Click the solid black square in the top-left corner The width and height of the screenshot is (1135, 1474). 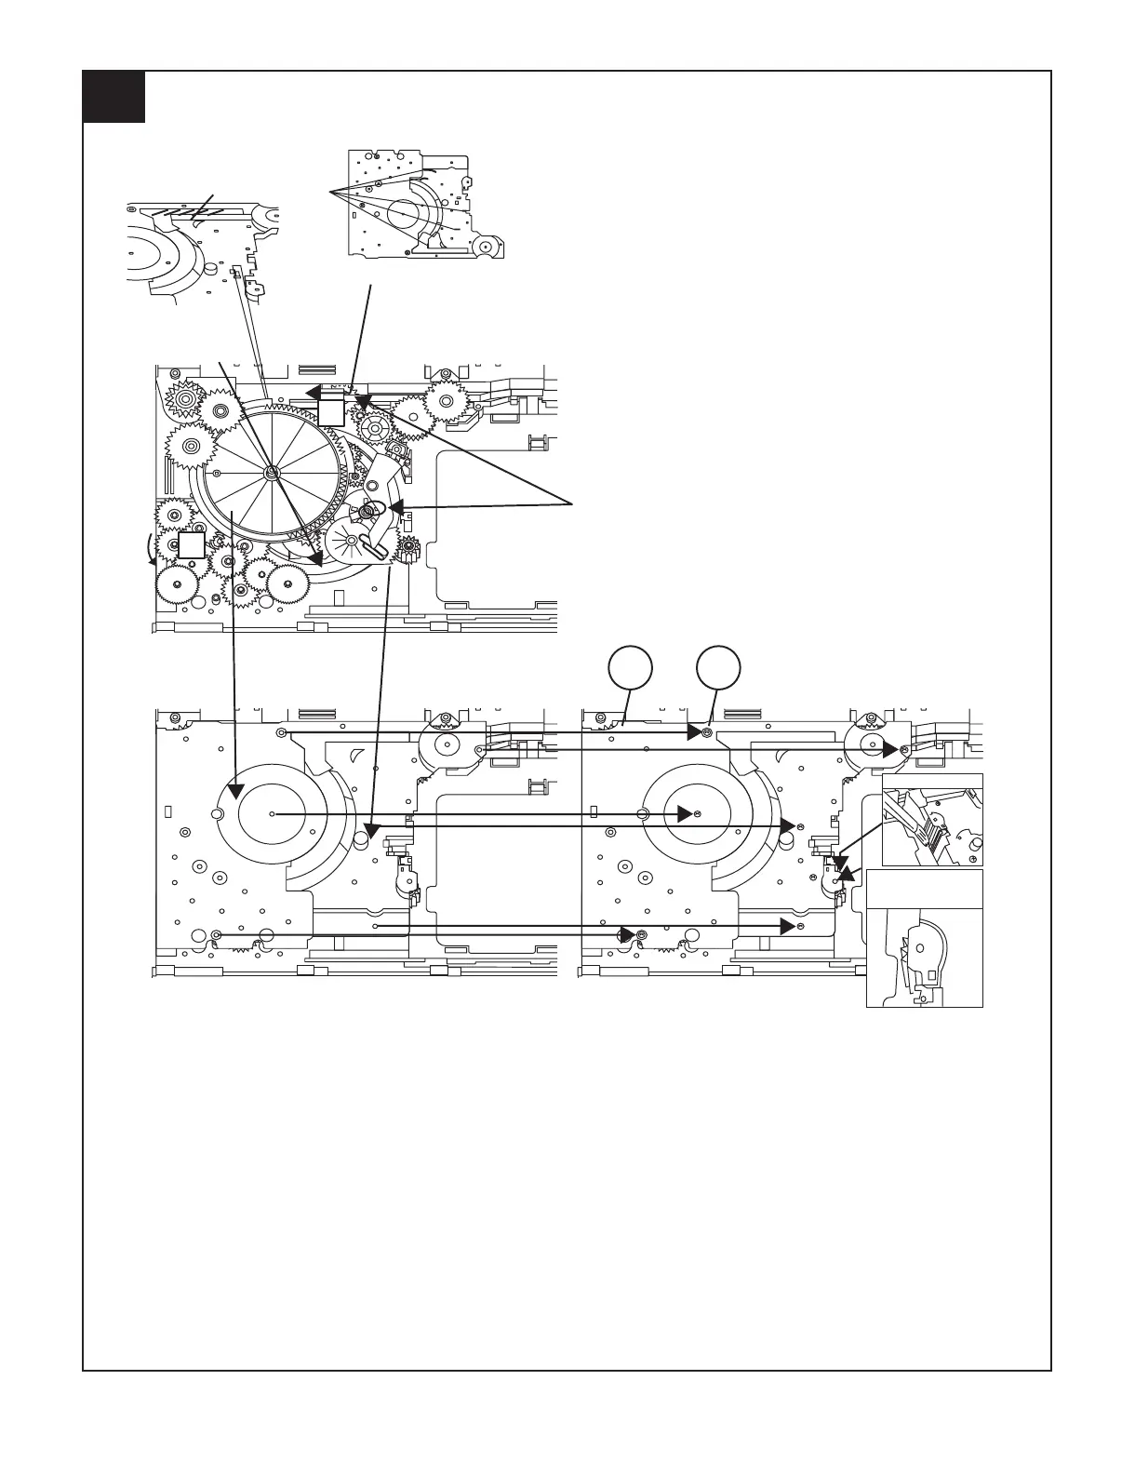pos(113,97)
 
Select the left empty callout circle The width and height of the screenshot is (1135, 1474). pos(630,669)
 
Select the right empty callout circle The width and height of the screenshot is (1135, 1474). pos(719,669)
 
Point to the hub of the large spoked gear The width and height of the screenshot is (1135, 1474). pos(270,473)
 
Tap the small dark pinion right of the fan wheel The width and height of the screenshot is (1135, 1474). pos(407,555)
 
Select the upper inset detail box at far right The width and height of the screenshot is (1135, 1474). pos(930,820)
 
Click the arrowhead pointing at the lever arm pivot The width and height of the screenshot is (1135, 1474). pos(395,508)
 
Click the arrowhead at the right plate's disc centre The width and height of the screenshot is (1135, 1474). pos(686,813)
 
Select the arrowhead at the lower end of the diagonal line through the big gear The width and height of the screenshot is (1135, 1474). pos(315,558)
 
